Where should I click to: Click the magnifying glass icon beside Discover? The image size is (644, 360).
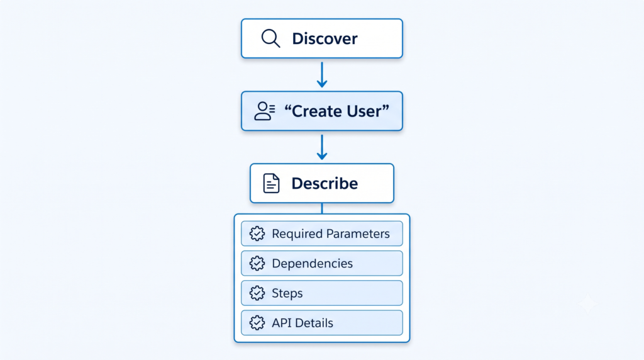[270, 38]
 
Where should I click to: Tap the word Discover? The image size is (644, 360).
[325, 38]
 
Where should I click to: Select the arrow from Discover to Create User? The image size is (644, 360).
[322, 75]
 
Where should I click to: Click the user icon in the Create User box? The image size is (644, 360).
[265, 111]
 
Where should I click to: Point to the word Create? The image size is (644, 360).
[316, 111]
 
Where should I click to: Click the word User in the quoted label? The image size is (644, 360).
[364, 111]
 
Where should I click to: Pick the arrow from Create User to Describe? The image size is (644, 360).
[322, 147]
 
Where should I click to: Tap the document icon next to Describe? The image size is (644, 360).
[271, 183]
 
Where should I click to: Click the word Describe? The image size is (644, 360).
[325, 183]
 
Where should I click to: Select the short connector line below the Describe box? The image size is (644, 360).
[322, 208]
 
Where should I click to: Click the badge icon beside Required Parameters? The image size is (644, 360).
[257, 234]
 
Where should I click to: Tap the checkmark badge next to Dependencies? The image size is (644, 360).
[257, 264]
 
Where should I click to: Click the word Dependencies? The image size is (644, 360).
[312, 264]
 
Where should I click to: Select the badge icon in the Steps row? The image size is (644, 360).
[257, 293]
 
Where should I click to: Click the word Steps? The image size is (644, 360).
[287, 293]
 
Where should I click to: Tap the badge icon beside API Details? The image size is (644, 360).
[257, 323]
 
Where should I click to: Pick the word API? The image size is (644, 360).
[281, 323]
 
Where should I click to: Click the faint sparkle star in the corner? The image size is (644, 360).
[588, 305]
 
